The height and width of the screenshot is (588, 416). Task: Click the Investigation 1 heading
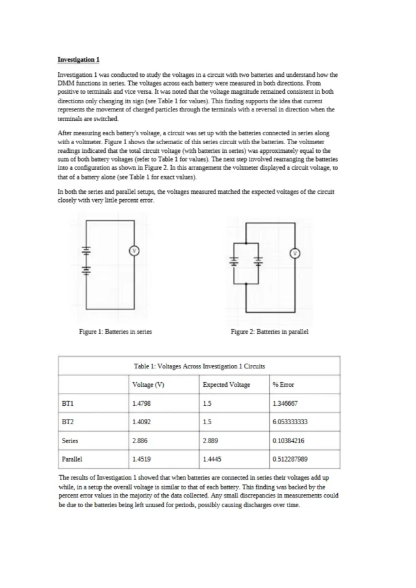[x=79, y=59]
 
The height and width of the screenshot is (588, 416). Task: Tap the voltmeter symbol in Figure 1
[x=134, y=251]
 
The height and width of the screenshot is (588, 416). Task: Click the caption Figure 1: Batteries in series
[x=116, y=332]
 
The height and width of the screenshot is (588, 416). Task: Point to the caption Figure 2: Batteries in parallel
[x=269, y=332]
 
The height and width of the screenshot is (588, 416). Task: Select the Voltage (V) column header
[x=149, y=385]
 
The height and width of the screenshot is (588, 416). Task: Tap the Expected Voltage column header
[x=226, y=385]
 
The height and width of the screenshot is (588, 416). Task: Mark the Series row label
[x=70, y=440]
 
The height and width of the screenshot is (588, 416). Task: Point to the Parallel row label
[x=71, y=459]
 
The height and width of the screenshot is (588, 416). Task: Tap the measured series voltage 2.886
[x=142, y=440]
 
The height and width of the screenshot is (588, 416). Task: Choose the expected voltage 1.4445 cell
[x=213, y=459]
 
